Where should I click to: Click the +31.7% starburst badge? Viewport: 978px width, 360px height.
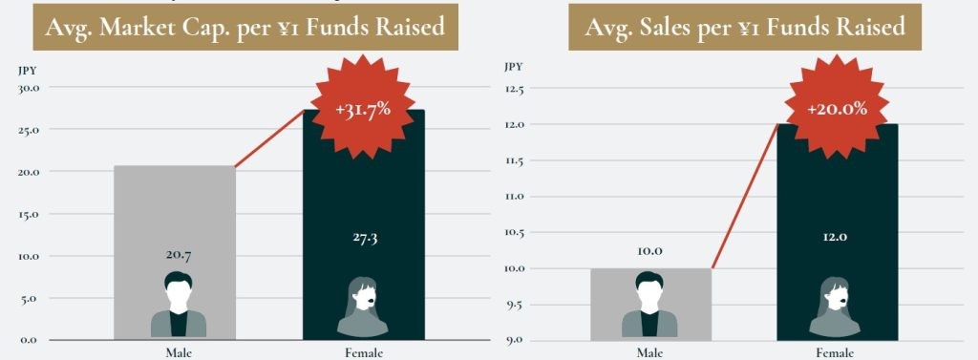[363, 109]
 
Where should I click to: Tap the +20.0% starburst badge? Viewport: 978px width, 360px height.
[837, 109]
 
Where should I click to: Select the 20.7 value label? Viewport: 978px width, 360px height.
[174, 256]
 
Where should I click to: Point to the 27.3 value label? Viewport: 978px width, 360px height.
[363, 237]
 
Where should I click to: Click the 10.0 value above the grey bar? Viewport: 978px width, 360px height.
[648, 251]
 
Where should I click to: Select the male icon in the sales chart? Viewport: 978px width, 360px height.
[648, 306]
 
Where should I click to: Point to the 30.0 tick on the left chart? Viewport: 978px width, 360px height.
[29, 88]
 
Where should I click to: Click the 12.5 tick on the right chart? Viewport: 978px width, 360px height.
[515, 89]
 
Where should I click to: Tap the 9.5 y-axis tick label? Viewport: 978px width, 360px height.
[516, 305]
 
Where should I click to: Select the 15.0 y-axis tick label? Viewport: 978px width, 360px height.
[29, 214]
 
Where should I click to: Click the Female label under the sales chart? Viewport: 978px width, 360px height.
[837, 353]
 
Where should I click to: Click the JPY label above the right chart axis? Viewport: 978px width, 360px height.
[513, 67]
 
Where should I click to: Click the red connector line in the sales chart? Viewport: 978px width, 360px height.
[745, 196]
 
